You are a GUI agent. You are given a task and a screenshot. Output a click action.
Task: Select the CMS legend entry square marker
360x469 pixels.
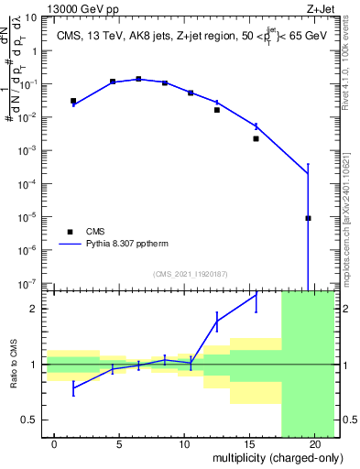coord(70,232)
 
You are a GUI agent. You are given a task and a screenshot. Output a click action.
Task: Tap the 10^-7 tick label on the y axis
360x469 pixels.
coord(29,283)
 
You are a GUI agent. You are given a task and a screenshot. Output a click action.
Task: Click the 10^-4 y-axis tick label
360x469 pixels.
coord(29,183)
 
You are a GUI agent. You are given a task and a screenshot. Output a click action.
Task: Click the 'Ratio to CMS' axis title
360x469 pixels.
coord(13,364)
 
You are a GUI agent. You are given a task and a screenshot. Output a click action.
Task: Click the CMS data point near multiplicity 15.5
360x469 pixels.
coord(256,139)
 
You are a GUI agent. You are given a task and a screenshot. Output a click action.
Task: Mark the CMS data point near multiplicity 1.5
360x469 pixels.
coord(73,101)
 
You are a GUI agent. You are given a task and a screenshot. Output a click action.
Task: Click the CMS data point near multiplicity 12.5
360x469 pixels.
coord(217,110)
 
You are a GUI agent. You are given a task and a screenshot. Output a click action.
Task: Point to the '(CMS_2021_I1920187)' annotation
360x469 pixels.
coord(190,274)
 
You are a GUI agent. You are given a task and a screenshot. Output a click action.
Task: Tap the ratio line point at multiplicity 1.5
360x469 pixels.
coord(73,387)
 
